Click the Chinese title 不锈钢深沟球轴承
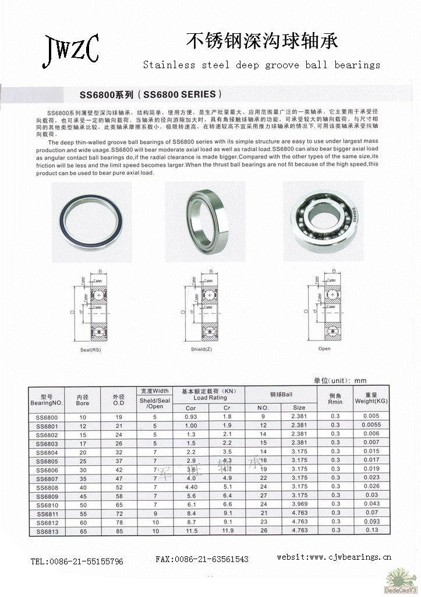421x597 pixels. (261, 40)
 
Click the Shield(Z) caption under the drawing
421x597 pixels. (201, 349)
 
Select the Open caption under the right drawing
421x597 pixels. (324, 349)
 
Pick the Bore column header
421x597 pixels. (82, 399)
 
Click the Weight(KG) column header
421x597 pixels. (371, 398)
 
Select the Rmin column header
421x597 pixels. (335, 398)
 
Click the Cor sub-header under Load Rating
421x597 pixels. (190, 408)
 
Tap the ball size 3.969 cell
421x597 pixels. (299, 504)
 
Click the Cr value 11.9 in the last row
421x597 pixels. (228, 531)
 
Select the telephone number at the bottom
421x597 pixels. (77, 561)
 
